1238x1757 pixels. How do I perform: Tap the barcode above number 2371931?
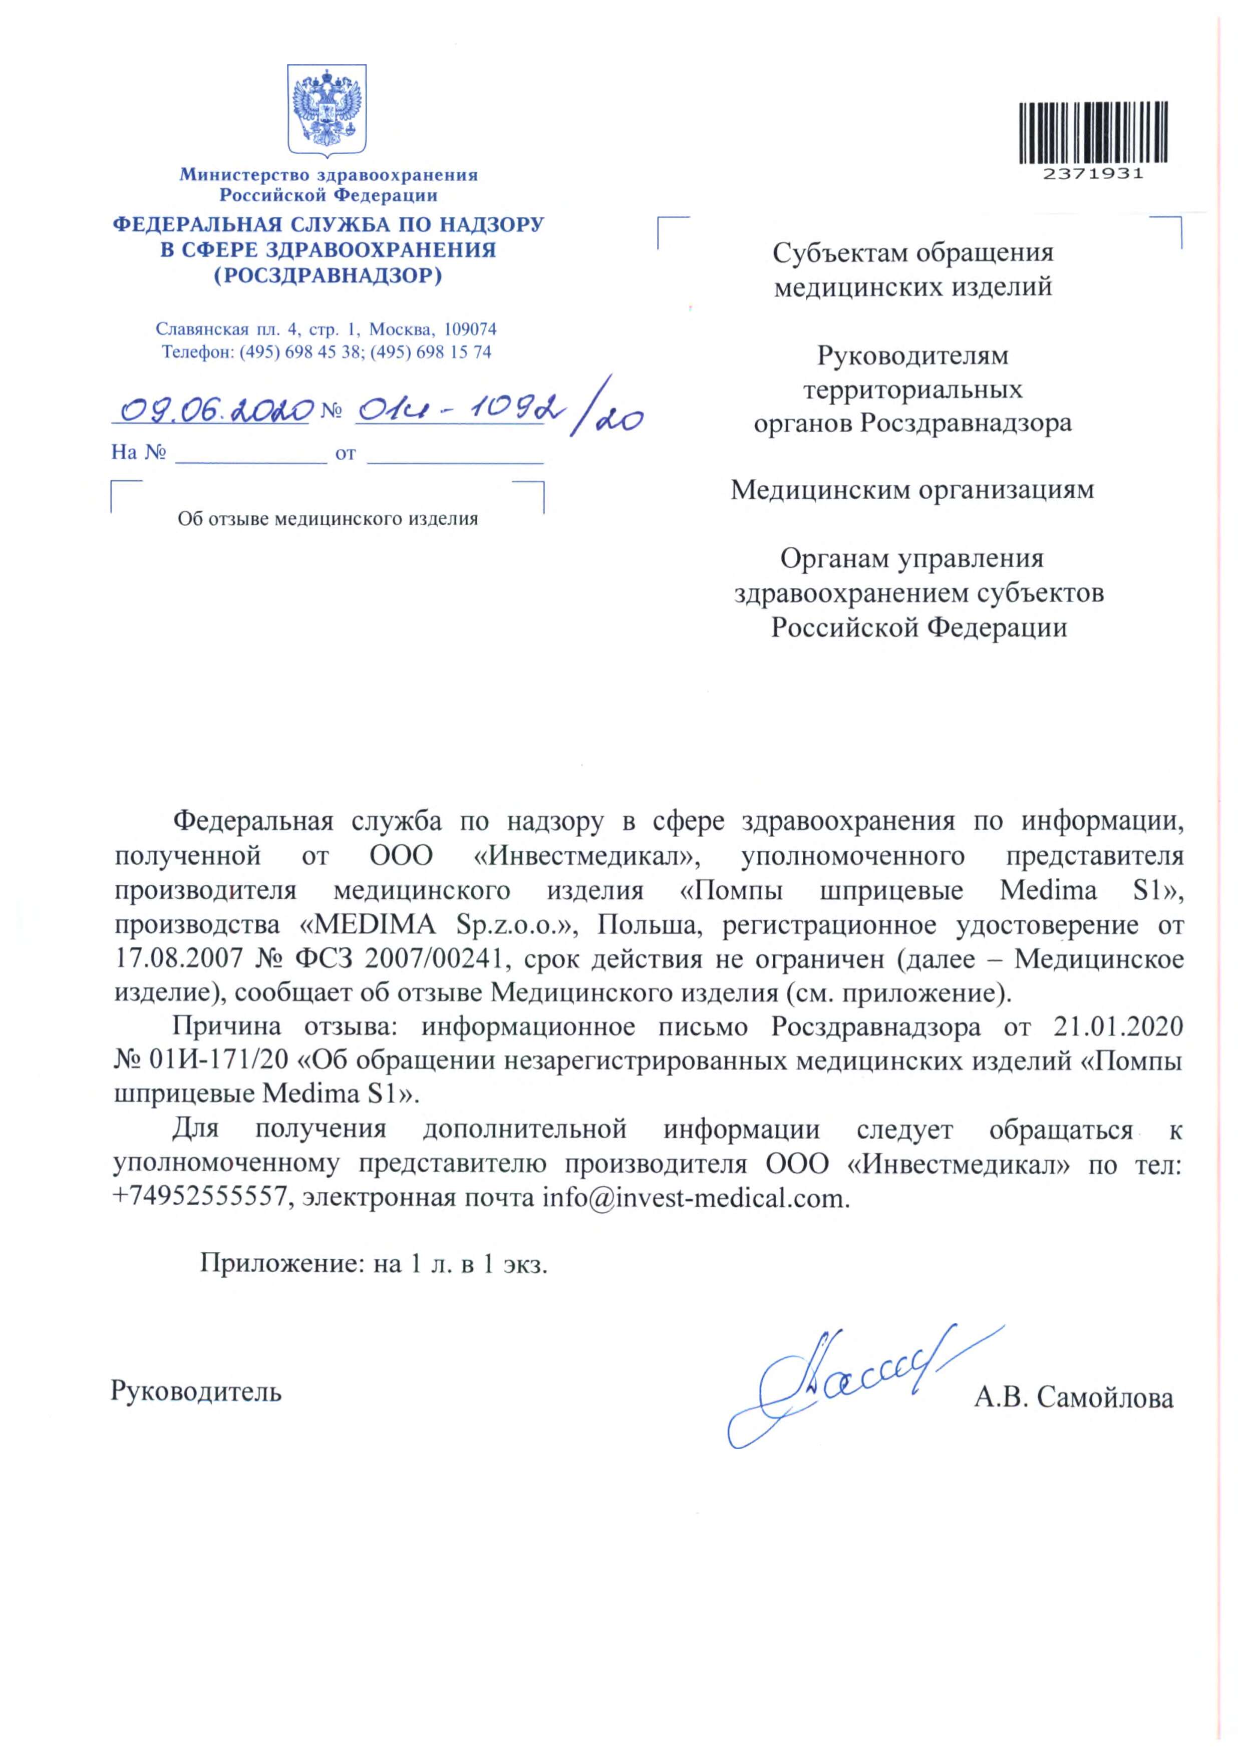[1093, 132]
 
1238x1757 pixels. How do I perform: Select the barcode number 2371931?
[1093, 174]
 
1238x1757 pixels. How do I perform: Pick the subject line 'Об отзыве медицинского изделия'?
[328, 519]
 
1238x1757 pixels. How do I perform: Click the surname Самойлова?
[1105, 1398]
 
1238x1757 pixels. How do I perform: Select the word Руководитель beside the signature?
[196, 1390]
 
